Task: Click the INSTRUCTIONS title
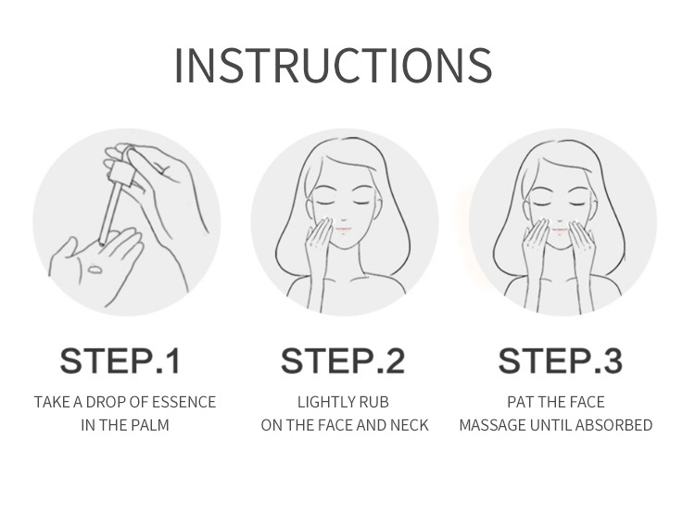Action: click(334, 65)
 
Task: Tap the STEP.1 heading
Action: click(120, 361)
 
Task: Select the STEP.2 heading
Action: click(343, 361)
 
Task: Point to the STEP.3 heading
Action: click(561, 361)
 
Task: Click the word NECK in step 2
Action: click(409, 425)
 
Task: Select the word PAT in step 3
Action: click(519, 402)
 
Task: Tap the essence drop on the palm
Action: click(95, 268)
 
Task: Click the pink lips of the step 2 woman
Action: click(343, 230)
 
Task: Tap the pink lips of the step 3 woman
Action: click(561, 230)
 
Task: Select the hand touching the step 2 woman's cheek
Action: click(317, 244)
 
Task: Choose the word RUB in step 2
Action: click(374, 402)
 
